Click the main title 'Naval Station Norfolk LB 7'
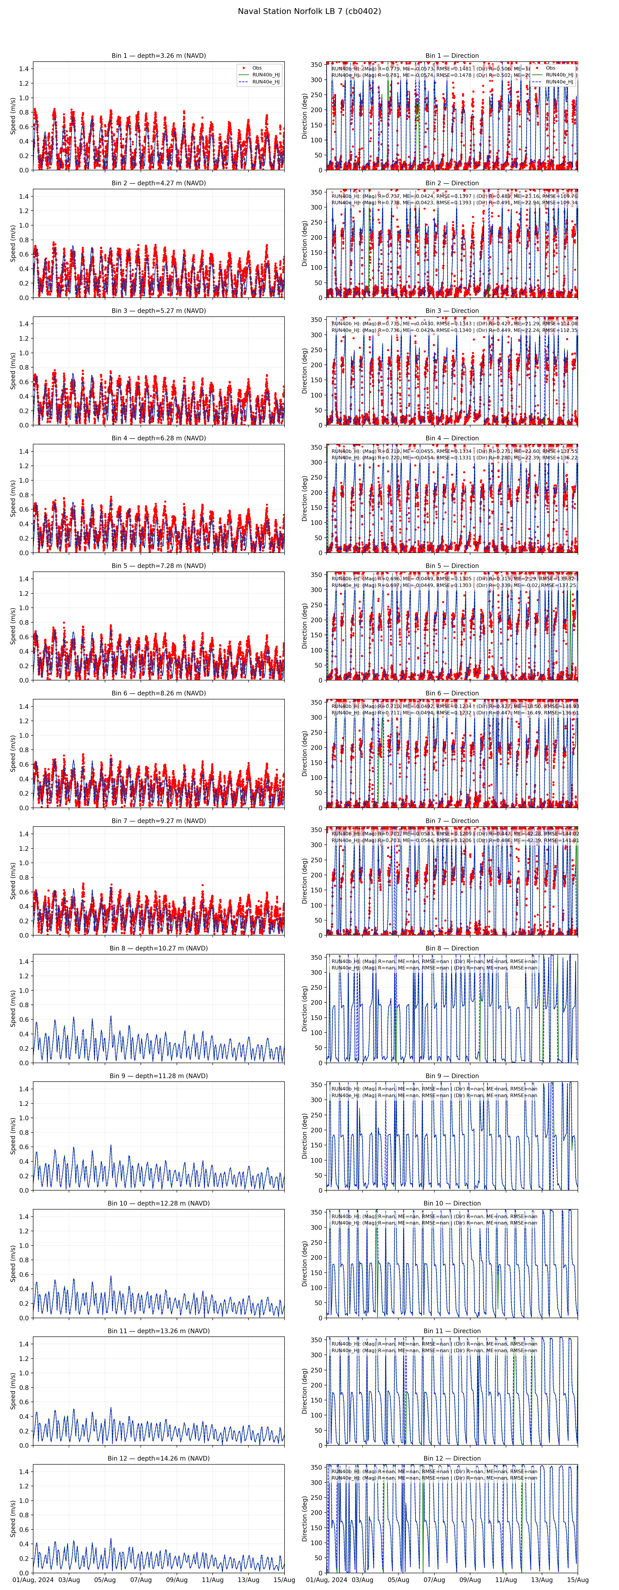point(309,11)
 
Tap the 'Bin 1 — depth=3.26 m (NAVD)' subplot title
point(159,56)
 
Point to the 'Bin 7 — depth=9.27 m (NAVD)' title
point(159,821)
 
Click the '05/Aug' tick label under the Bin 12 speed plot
point(105,1579)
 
